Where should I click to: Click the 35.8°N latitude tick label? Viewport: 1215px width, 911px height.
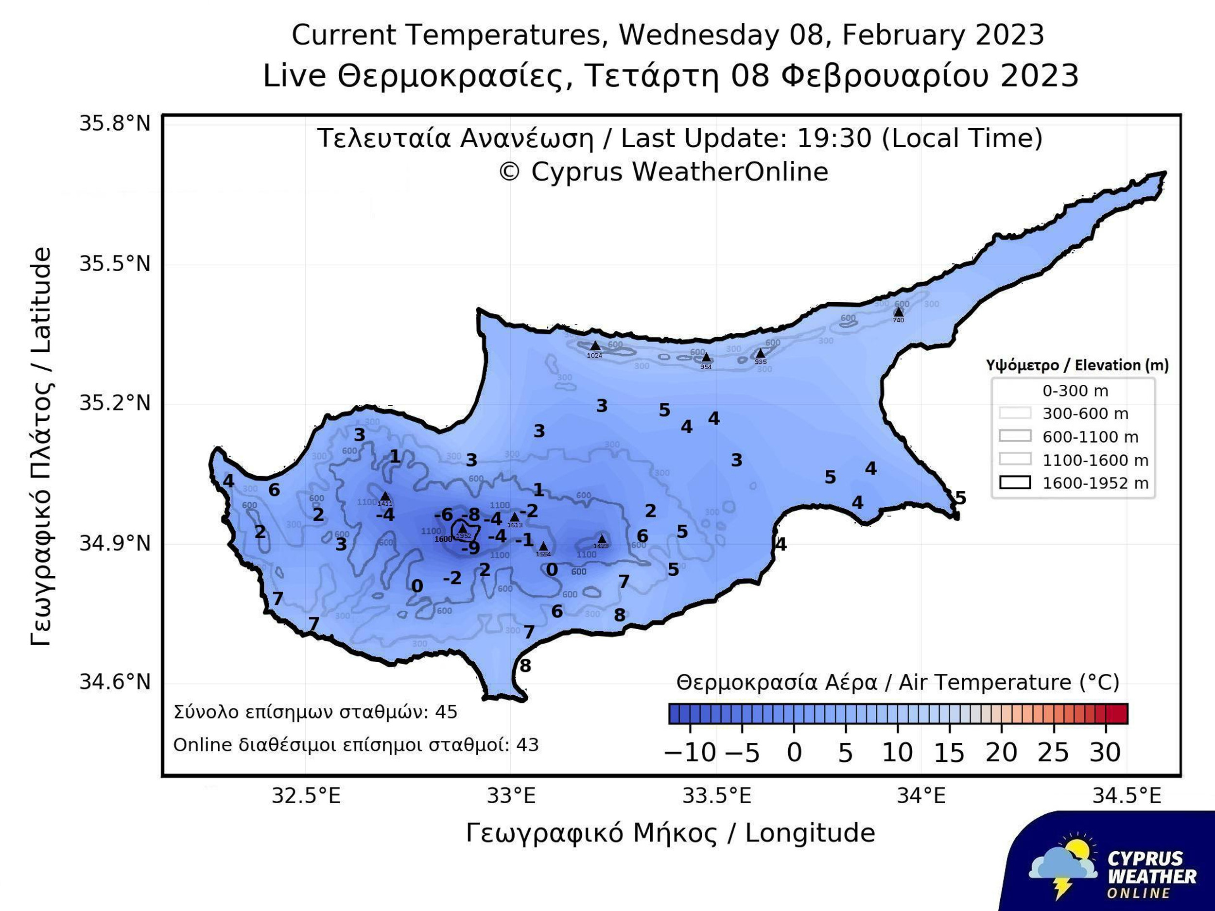(x=114, y=123)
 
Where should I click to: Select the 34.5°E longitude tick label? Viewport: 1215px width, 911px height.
(x=1127, y=796)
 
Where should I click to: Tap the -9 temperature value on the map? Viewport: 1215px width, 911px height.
(x=471, y=548)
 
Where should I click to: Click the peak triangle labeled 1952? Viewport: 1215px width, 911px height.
(x=463, y=528)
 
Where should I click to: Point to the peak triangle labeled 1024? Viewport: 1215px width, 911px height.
(x=595, y=346)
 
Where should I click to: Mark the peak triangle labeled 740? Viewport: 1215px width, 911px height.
(x=899, y=312)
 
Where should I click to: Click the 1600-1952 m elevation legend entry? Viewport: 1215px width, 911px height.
(x=1074, y=483)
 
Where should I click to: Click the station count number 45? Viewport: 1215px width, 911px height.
(x=446, y=712)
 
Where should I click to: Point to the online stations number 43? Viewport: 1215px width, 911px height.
(x=527, y=745)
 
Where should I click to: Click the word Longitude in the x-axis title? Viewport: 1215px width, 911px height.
(x=810, y=833)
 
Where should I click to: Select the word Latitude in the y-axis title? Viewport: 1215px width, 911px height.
(x=41, y=300)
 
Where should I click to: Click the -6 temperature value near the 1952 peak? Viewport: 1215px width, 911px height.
(x=443, y=515)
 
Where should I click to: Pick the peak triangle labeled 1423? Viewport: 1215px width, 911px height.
(x=602, y=539)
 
